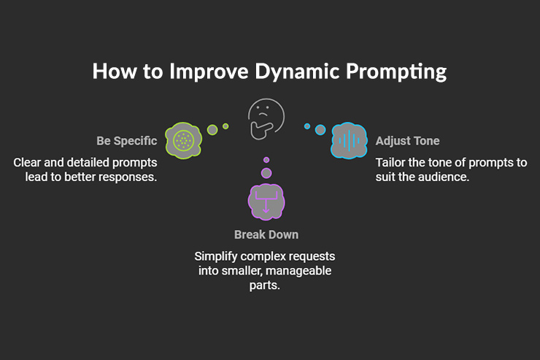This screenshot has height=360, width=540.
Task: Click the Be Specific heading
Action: tap(126, 140)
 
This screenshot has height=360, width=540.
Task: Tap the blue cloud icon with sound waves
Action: tap(349, 141)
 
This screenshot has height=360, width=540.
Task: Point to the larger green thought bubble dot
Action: tap(212, 130)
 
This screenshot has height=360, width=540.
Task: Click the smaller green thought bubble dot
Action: tap(225, 126)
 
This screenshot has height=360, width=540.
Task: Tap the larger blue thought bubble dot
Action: tap(320, 130)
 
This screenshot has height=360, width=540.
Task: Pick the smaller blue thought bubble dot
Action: tap(307, 126)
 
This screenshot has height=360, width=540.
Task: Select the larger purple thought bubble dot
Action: tap(266, 173)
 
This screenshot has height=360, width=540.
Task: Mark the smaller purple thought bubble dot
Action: tap(266, 160)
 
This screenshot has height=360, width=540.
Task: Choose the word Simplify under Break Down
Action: tap(216, 257)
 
